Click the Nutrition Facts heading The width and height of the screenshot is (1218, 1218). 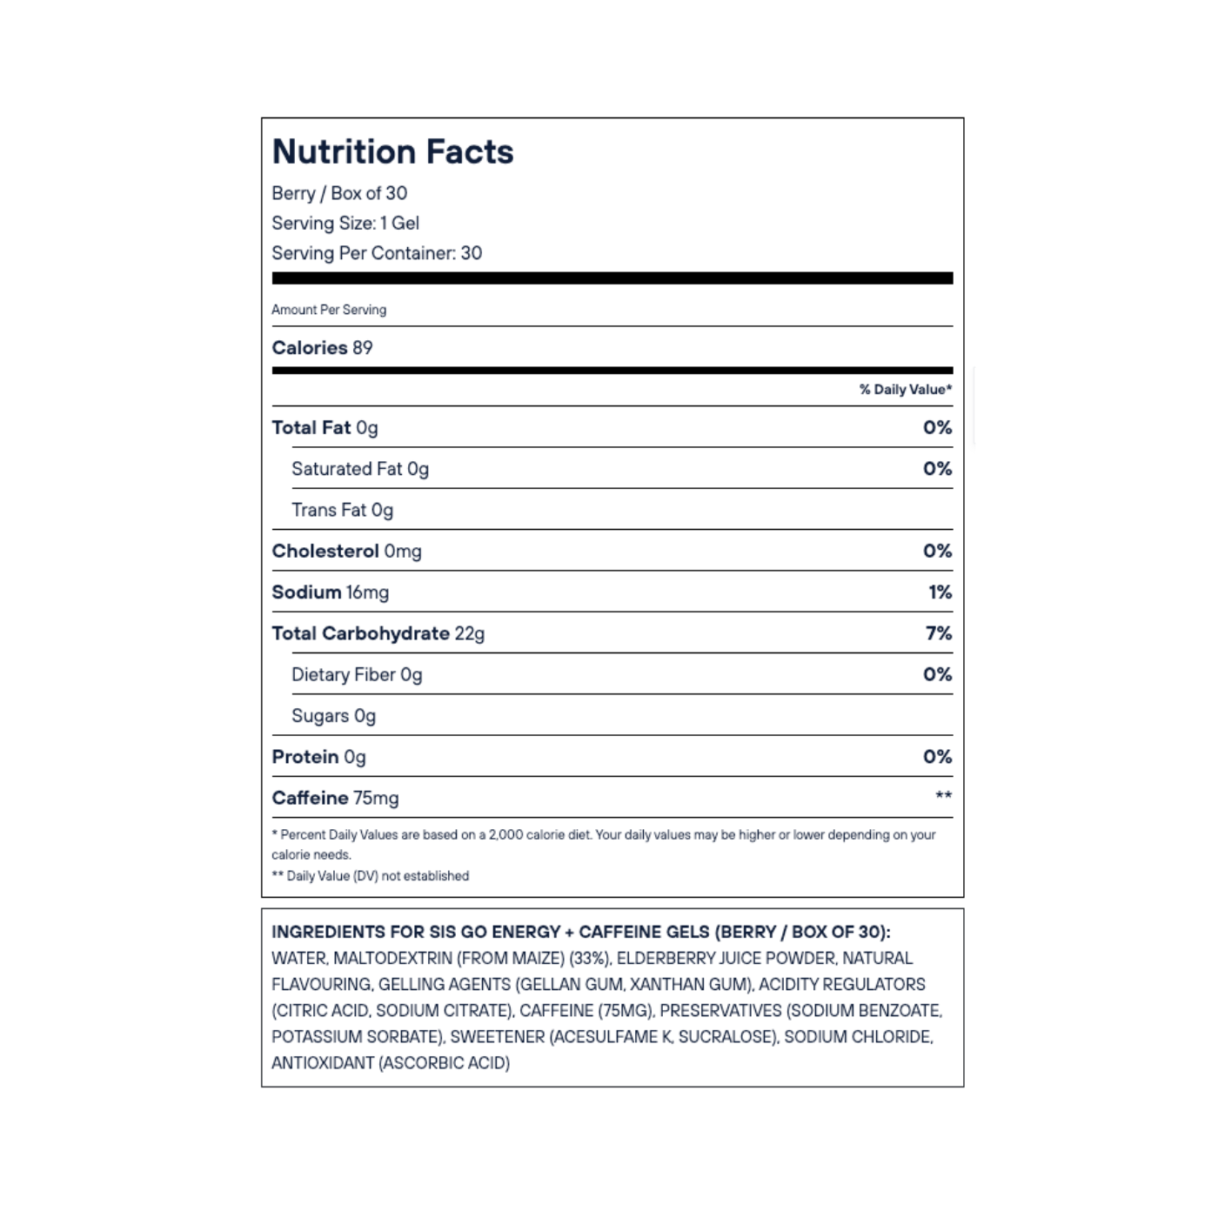(392, 152)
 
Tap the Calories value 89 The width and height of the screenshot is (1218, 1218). (363, 348)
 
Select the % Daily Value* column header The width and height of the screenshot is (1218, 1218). (905, 390)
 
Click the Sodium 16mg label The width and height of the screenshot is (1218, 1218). (330, 592)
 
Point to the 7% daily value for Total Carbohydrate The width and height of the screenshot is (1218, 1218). (938, 633)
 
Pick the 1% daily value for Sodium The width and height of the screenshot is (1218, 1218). (940, 592)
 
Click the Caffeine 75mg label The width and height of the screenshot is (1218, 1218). (335, 798)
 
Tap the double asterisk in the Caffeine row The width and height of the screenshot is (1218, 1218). (943, 796)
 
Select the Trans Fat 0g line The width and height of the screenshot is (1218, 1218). (342, 511)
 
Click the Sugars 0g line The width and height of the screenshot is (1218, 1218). (333, 716)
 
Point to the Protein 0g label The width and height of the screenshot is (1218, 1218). (318, 757)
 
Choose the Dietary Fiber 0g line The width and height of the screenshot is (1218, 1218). (357, 675)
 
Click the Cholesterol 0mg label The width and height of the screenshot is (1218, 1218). (346, 552)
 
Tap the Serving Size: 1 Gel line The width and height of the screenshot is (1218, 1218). (345, 224)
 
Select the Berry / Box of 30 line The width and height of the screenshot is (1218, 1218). (339, 193)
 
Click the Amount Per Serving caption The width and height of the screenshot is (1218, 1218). (329, 310)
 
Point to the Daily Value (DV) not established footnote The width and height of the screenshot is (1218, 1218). (371, 876)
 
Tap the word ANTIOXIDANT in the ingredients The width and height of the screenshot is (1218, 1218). (323, 1063)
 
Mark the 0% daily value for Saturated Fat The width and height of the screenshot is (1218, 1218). (937, 469)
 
